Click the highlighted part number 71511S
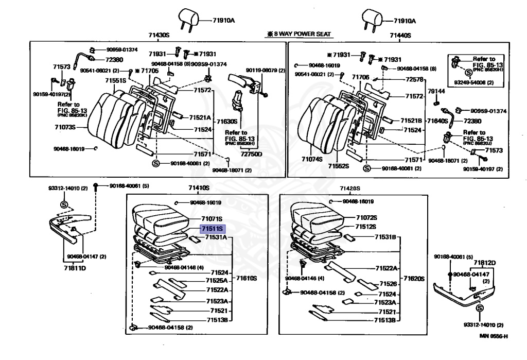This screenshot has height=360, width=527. tap(212, 229)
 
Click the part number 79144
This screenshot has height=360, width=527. tap(436, 91)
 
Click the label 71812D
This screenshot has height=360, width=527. tap(485, 263)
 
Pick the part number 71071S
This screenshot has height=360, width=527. tap(212, 219)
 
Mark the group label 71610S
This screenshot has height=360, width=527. tap(247, 278)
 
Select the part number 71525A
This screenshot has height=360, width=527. tap(217, 281)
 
